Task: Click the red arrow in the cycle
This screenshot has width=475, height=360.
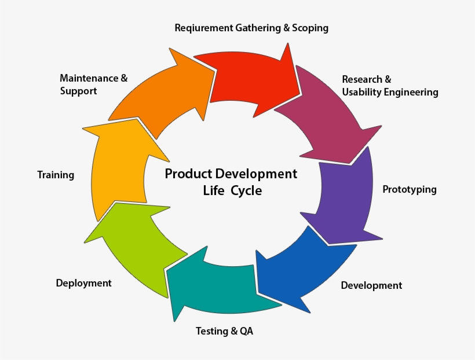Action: pos(249,78)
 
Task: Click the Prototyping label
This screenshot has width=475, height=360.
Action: pos(410,190)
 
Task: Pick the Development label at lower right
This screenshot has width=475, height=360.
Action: pos(371,285)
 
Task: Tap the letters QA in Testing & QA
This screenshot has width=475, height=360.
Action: pos(246,332)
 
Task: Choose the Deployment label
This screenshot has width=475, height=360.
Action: pos(83,283)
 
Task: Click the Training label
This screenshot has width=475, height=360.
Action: pos(56,175)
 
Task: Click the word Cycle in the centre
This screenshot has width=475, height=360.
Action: pos(246,190)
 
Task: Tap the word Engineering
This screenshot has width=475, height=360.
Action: pos(412,92)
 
